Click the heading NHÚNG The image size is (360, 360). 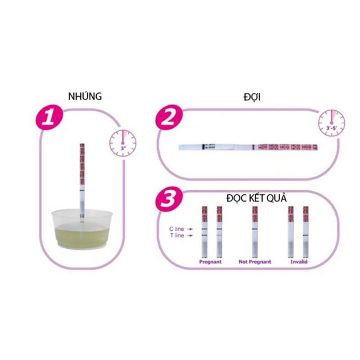pos(85,96)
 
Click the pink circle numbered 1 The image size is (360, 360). pos(49,118)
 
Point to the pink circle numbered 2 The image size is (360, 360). pos(168,118)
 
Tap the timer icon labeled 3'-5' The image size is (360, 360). pos(332,123)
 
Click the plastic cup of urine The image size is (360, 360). pos(81,229)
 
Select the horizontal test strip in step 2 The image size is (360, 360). pos(247,147)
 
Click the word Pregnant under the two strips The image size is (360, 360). pos(211,261)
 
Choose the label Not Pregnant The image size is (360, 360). pos(255,261)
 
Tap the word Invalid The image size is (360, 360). pos(299,261)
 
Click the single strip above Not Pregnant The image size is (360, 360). pos(255,232)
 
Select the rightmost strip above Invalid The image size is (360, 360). pos(306,232)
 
